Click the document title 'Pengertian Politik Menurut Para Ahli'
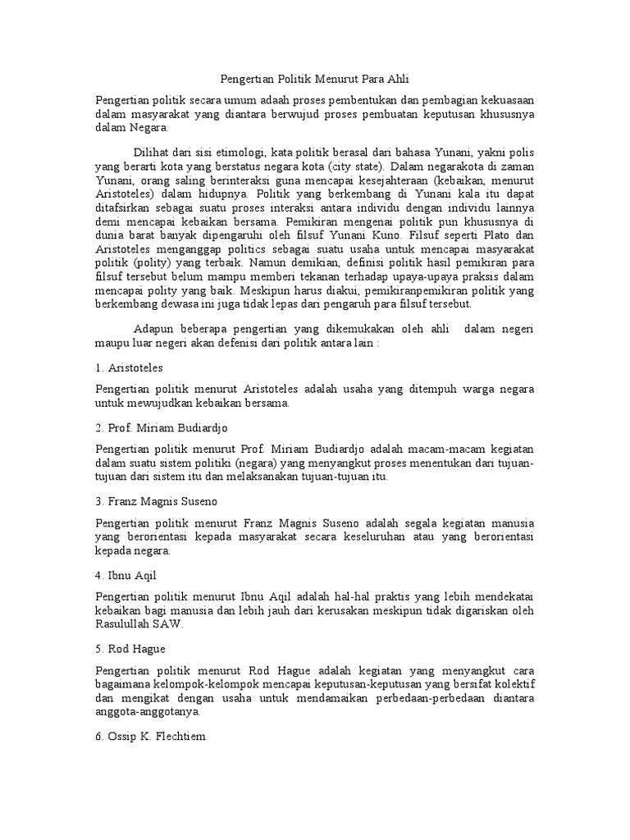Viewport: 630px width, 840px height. coord(315,80)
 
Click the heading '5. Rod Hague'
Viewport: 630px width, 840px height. coord(130,647)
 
